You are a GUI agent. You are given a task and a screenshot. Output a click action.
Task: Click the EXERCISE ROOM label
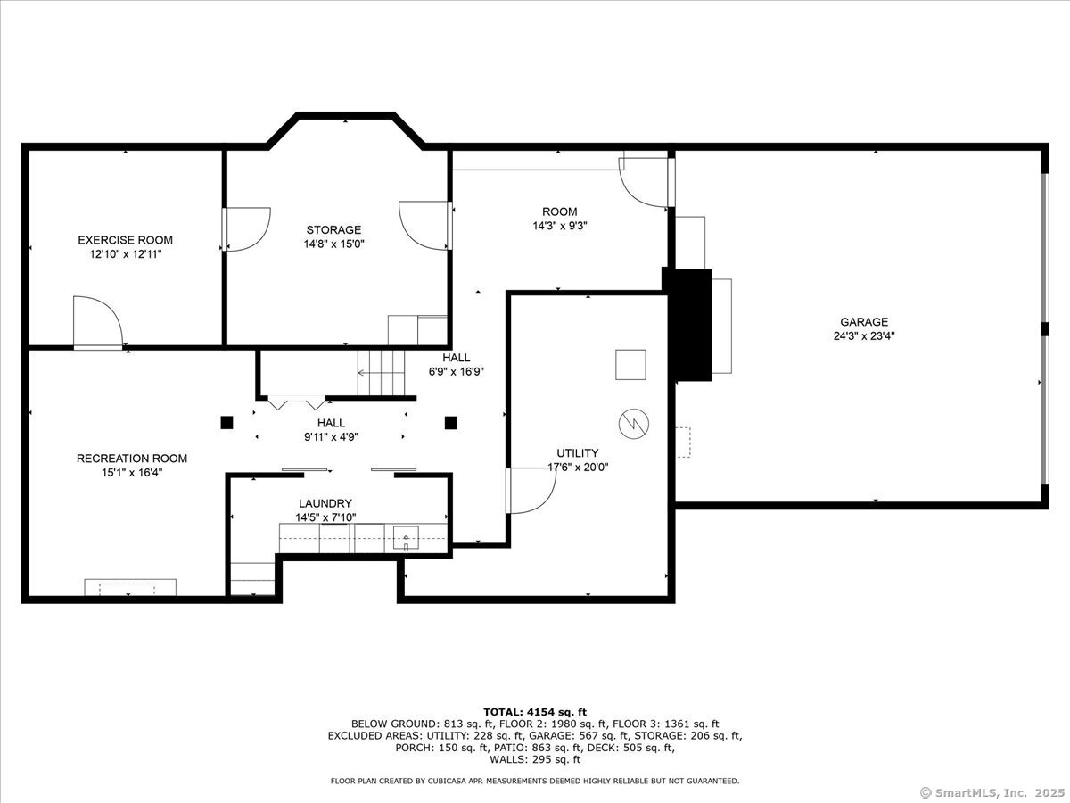pos(126,240)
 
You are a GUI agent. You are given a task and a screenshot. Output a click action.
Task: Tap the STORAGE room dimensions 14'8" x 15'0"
pos(333,244)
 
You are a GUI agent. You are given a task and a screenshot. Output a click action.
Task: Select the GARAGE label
pos(864,322)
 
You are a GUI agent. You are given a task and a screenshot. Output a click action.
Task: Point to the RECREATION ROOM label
pos(132,459)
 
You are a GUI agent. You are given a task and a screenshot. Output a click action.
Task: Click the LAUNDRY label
pos(325,503)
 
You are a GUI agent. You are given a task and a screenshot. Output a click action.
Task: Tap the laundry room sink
pos(406,538)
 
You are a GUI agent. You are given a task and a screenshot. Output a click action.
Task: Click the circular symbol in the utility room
pos(634,423)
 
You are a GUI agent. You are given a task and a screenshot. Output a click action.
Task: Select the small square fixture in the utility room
pos(630,365)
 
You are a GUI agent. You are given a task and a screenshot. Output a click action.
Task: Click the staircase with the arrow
pos(382,373)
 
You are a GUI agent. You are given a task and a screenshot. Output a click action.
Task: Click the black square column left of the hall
pos(226,422)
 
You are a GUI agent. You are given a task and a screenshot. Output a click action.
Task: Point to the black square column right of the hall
pos(451,422)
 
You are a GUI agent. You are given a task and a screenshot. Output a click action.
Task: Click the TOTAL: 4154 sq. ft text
pos(535,712)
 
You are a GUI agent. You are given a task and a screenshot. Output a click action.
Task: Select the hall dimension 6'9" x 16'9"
pos(457,371)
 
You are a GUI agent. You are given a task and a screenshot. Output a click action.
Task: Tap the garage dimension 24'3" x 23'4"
pos(864,336)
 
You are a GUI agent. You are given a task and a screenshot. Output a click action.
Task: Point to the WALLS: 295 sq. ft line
pos(535,759)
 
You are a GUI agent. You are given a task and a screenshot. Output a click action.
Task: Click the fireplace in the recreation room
pos(130,587)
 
